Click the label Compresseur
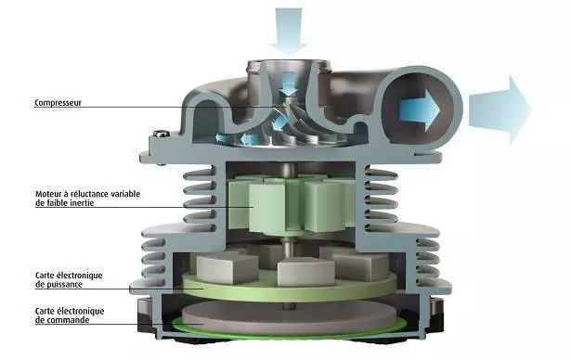pyautogui.click(x=58, y=103)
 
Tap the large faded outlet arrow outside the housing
pyautogui.click(x=500, y=110)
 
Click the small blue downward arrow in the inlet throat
pyautogui.click(x=290, y=83)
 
